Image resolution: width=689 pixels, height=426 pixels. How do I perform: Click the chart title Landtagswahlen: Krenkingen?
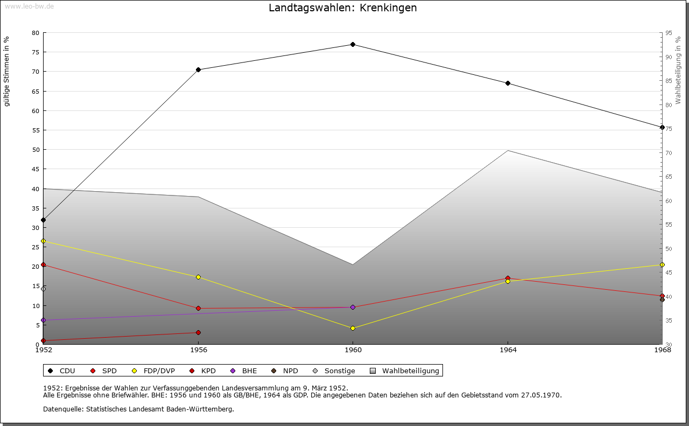(x=342, y=8)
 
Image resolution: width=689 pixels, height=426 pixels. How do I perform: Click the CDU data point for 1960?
(x=353, y=44)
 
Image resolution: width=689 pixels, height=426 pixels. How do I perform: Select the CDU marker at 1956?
(x=198, y=69)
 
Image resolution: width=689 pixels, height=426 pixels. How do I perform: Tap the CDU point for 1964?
(x=508, y=83)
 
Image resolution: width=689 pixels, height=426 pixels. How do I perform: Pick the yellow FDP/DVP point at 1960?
(x=353, y=328)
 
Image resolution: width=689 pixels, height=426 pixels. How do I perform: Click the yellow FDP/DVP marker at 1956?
(x=198, y=277)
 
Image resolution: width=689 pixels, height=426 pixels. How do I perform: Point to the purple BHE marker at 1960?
(x=353, y=307)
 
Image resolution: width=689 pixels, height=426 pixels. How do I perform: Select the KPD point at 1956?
(x=198, y=332)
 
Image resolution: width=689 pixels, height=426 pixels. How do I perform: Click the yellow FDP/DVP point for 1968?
(x=662, y=264)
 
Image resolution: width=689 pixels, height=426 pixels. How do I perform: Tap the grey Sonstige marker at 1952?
(x=43, y=289)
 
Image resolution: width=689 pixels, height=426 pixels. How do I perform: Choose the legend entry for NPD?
(x=285, y=371)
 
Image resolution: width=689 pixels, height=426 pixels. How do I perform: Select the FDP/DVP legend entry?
(x=153, y=371)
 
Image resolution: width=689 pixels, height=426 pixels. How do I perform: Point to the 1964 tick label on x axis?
(x=508, y=350)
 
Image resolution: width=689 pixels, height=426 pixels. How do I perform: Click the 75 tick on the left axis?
(x=35, y=52)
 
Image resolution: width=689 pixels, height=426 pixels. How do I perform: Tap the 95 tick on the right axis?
(x=669, y=33)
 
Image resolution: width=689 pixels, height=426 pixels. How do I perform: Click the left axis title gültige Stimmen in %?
(x=7, y=71)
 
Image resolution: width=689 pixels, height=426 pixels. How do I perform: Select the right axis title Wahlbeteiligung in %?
(x=678, y=70)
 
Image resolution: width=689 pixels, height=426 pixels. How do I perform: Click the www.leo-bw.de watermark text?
(x=29, y=6)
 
